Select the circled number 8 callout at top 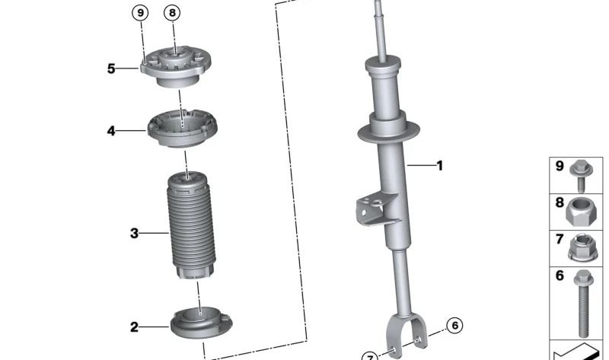173,13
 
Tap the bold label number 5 111,68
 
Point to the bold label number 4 111,131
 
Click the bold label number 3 134,234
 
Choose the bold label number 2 134,327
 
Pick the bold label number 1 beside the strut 438,164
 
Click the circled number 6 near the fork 454,326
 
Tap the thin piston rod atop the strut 378,30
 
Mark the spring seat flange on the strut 391,129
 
